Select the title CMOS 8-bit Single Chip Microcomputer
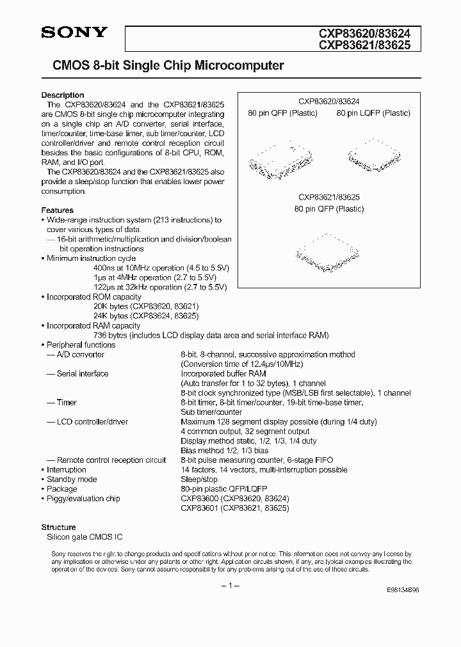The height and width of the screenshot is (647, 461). (163, 65)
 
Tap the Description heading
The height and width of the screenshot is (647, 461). (63, 95)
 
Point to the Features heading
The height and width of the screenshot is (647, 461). (58, 210)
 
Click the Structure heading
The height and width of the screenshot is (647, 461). (58, 527)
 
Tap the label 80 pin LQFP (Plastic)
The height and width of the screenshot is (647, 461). (373, 113)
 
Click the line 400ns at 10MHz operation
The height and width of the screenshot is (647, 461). (161, 268)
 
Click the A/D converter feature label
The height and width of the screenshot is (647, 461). (80, 354)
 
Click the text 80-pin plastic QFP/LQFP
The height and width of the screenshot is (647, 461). (223, 488)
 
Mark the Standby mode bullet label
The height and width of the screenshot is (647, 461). (72, 479)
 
